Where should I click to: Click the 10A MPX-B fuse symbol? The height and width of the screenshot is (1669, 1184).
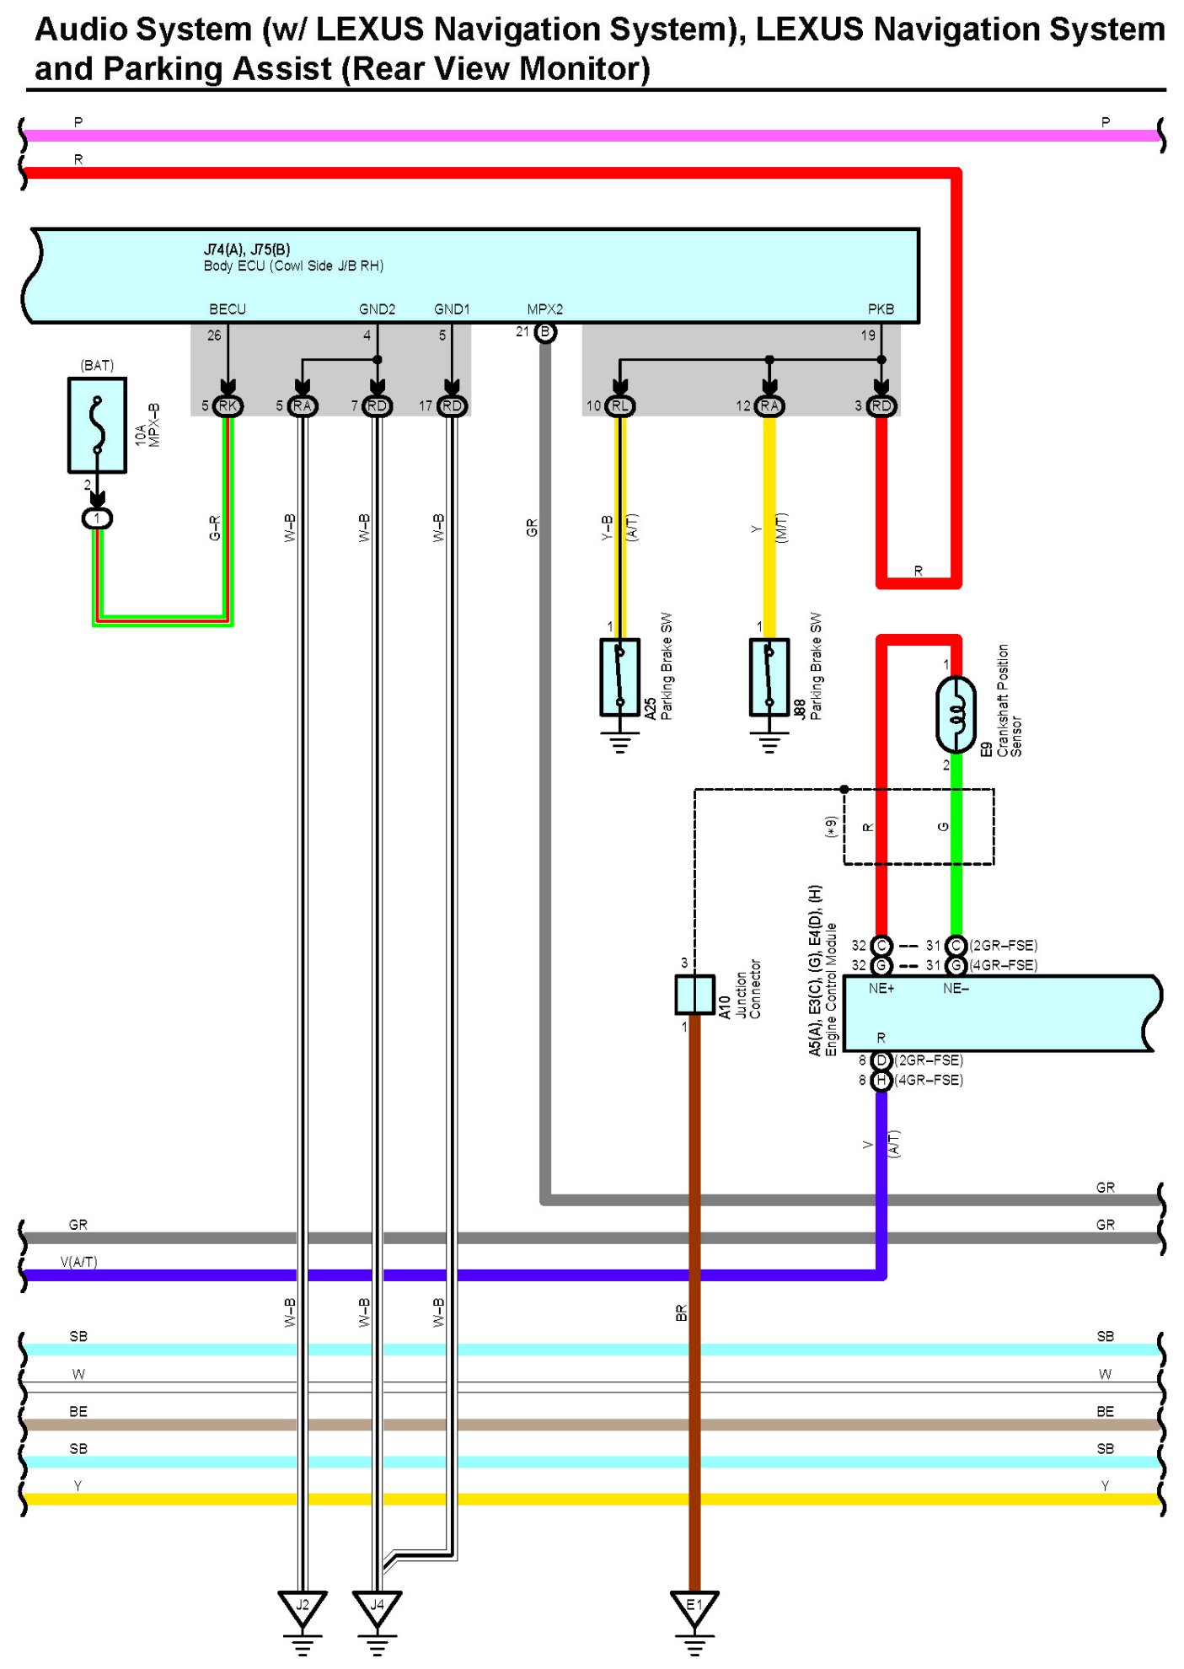98,425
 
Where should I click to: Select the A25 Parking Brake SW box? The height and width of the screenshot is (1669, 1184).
619,677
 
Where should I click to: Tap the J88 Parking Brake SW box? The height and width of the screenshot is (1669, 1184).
769,677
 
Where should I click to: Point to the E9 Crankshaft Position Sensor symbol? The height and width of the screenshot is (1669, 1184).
956,715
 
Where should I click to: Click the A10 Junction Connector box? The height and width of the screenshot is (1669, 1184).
694,995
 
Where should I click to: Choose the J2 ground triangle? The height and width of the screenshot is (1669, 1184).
302,1607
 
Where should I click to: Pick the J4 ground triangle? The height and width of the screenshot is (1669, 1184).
377,1607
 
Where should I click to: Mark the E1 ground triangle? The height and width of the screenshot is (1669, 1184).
694,1607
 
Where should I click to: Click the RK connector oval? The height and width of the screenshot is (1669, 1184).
228,406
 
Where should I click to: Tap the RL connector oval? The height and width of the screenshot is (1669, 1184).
620,406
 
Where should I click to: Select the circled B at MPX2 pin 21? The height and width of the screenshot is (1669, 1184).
545,332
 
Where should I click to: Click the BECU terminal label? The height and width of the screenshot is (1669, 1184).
228,309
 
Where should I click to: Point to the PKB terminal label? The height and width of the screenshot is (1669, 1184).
881,309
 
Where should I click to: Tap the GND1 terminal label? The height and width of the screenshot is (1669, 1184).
452,309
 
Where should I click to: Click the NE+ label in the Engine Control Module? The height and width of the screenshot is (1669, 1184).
881,989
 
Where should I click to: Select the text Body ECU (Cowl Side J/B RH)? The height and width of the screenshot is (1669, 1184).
293,266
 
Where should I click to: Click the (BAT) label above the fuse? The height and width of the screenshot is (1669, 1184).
97,365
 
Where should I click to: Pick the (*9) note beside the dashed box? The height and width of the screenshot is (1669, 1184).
832,827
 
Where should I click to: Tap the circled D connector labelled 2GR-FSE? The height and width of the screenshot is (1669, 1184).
881,1060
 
